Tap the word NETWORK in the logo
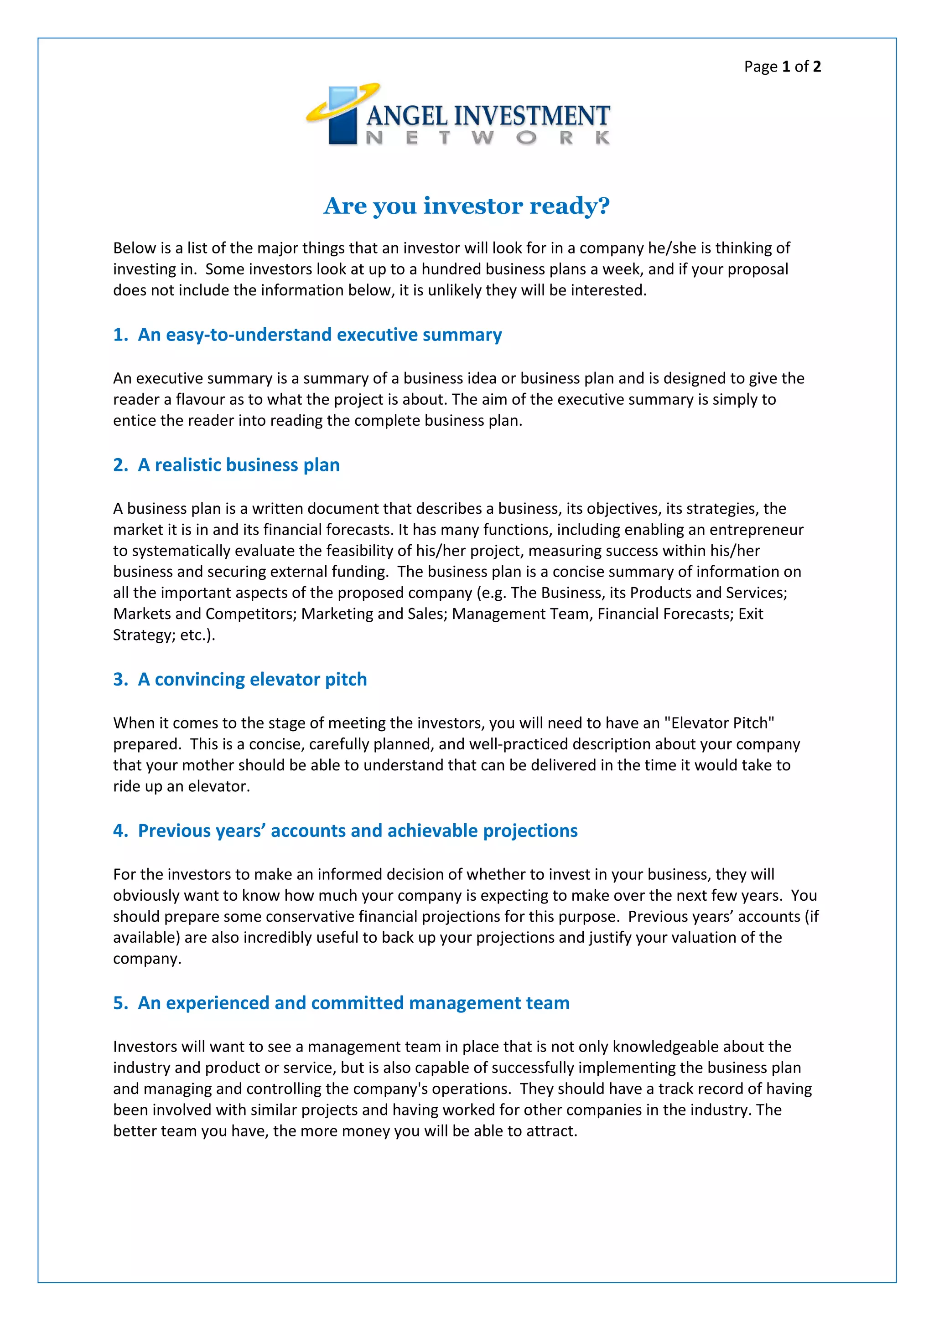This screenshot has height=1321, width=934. pyautogui.click(x=488, y=138)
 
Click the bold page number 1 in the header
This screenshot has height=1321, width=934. pyautogui.click(x=786, y=67)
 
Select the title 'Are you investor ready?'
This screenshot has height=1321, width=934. pyautogui.click(x=467, y=206)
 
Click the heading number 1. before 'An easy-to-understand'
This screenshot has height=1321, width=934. pyautogui.click(x=121, y=335)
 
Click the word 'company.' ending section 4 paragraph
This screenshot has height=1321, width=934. pyautogui.click(x=147, y=959)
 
